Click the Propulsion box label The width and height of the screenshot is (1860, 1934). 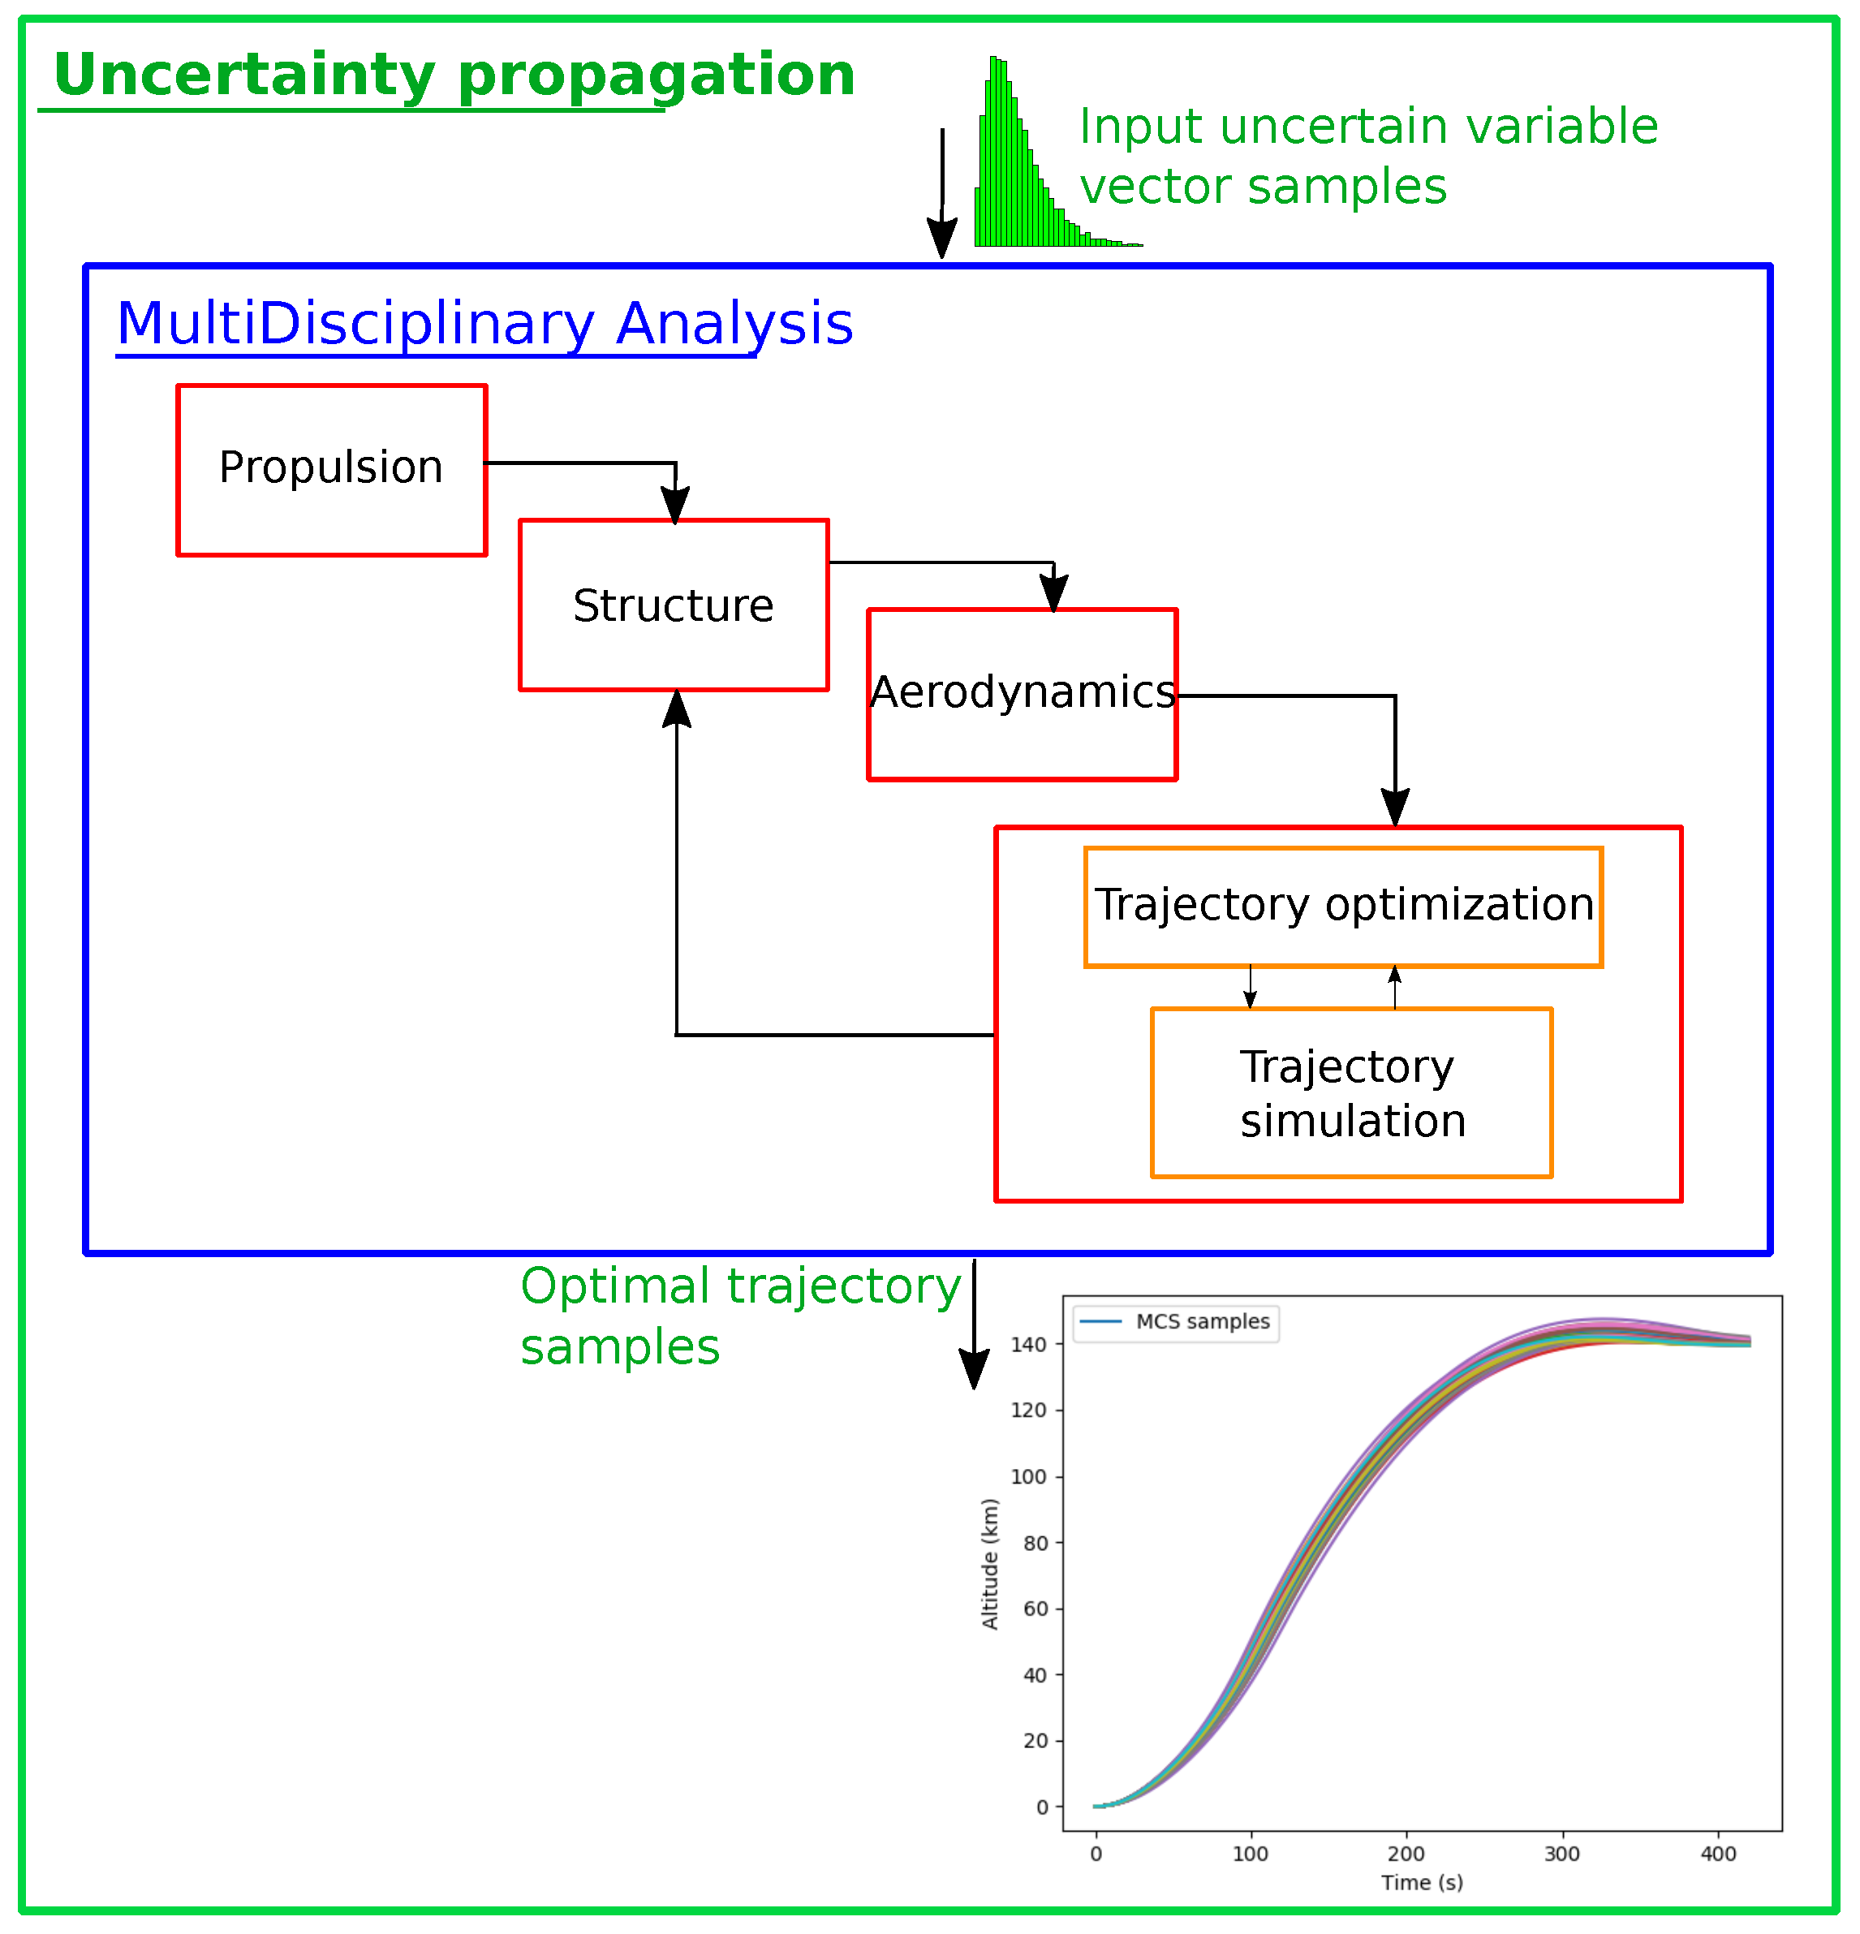[x=330, y=467]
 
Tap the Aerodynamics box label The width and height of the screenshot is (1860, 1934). [x=1023, y=693]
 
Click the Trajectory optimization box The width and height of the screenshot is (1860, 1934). [x=1343, y=907]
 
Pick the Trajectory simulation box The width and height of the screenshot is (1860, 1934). [x=1352, y=1092]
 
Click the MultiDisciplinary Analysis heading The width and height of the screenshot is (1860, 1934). [x=484, y=324]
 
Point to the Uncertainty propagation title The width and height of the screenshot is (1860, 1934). [x=454, y=76]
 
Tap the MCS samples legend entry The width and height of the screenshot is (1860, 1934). [x=1175, y=1321]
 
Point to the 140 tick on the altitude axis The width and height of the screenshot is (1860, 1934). [x=1028, y=1344]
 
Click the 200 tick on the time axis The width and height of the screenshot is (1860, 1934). [x=1406, y=1853]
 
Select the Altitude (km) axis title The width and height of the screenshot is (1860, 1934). [x=990, y=1563]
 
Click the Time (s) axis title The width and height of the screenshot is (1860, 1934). [x=1422, y=1883]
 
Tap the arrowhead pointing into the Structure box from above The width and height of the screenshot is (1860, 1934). [x=675, y=504]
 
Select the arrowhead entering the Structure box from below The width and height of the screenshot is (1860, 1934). [x=677, y=709]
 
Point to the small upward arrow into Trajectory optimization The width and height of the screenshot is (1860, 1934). [x=1394, y=987]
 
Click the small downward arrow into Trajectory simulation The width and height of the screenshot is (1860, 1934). [x=1251, y=987]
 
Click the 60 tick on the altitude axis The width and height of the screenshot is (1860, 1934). [x=1035, y=1609]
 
